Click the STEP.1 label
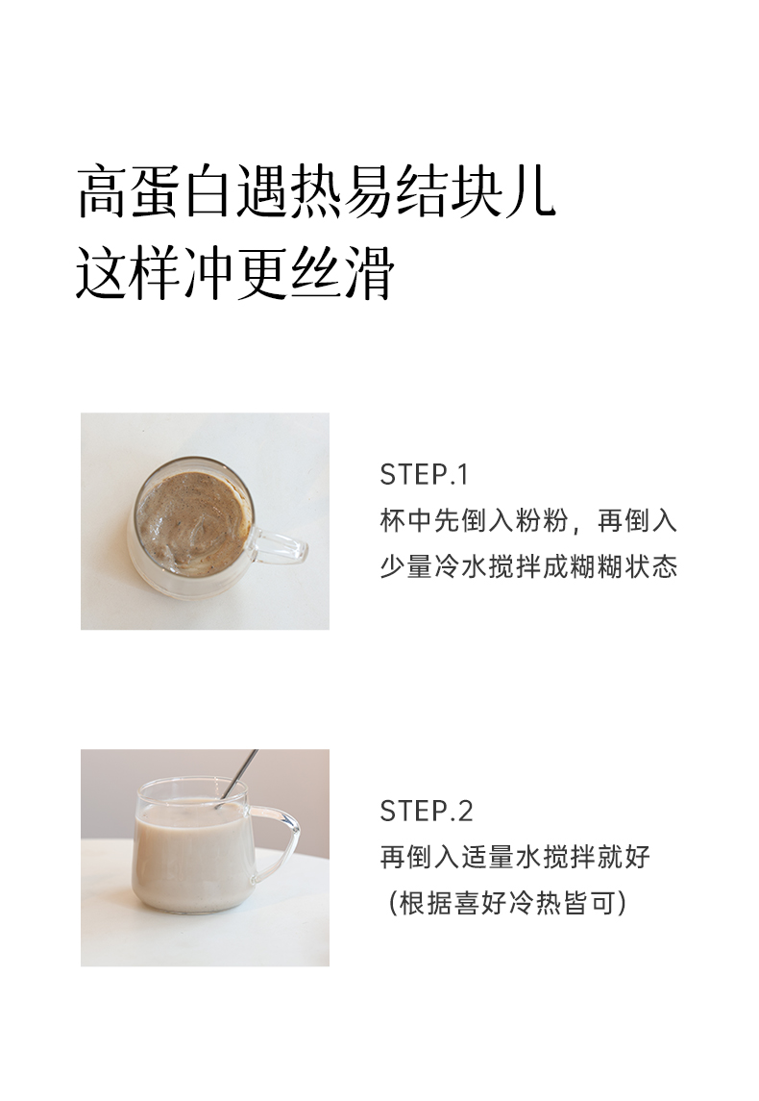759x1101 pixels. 424,475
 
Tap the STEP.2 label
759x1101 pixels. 427,811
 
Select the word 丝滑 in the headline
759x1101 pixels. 342,273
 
